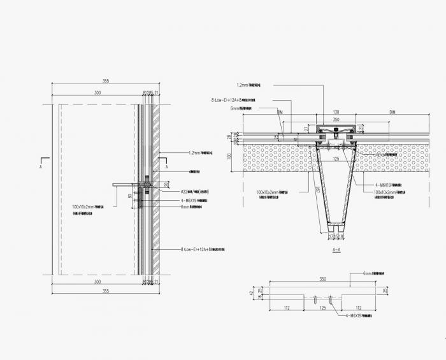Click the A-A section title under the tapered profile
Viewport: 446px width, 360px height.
pos(338,251)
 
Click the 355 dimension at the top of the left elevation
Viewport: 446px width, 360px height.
pos(106,81)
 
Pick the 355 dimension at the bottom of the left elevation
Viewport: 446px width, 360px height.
pos(106,291)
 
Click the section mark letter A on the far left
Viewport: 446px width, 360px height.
pos(40,167)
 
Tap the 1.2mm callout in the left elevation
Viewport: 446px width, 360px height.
pos(195,153)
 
